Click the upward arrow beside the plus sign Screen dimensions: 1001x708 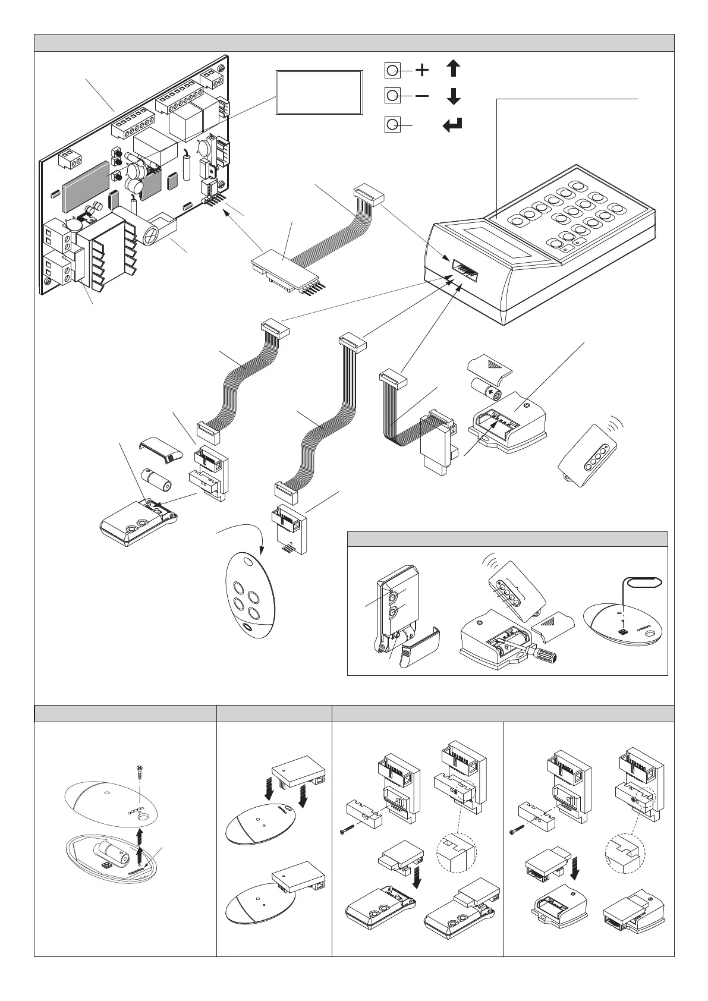453,68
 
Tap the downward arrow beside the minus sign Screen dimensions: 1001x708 453,96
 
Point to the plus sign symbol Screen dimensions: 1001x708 421,70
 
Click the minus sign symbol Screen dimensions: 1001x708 421,96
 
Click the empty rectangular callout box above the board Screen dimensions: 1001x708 319,92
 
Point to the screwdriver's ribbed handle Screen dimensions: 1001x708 547,654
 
